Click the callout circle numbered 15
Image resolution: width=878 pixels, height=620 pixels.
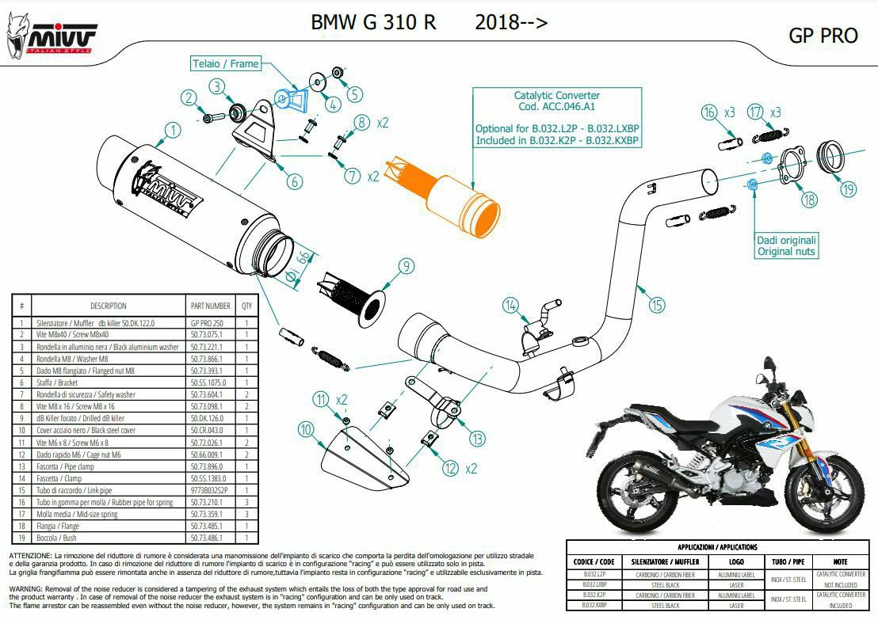(656, 304)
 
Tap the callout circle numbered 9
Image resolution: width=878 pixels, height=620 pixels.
(406, 266)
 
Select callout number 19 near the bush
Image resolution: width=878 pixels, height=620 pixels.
(849, 189)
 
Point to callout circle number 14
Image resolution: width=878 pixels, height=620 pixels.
(511, 305)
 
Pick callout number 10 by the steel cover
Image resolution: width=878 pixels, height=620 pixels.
(305, 429)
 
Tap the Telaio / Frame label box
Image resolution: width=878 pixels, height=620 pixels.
(226, 63)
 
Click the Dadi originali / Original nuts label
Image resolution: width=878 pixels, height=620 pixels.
(785, 245)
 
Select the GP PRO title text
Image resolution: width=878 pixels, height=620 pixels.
(823, 36)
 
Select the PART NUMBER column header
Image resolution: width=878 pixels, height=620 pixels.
(211, 306)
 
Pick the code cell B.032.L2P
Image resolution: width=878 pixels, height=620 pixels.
(594, 573)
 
